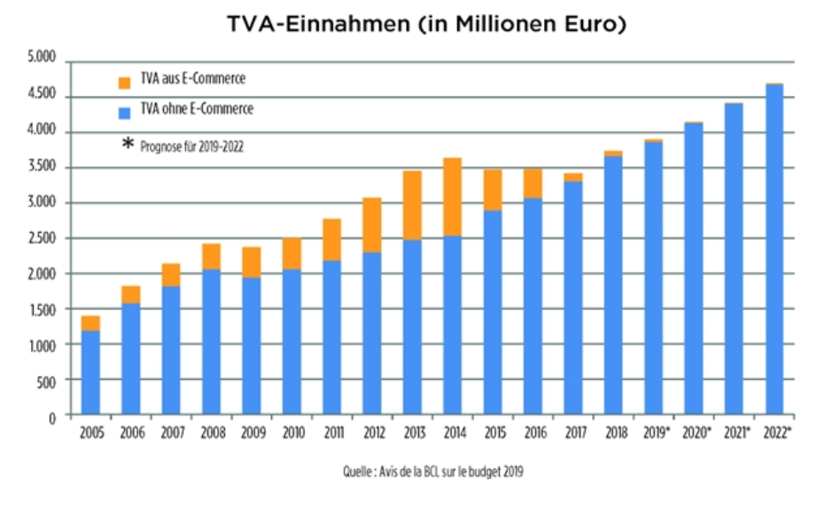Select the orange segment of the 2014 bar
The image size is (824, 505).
(454, 197)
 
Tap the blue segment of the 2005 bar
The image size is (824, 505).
(91, 372)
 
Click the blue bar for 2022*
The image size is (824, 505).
(775, 249)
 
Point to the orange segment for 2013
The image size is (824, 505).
(413, 206)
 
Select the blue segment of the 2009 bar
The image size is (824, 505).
(253, 346)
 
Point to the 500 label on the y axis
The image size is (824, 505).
(47, 381)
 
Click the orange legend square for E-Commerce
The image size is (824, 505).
(124, 82)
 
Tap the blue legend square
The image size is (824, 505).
(124, 112)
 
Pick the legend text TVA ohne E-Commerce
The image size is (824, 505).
(197, 110)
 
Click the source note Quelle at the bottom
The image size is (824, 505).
(432, 472)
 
